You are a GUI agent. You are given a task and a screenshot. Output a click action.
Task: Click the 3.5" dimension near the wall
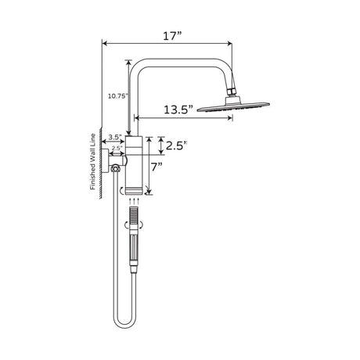point(114,138)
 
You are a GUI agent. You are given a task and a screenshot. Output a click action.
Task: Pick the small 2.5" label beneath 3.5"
point(117,147)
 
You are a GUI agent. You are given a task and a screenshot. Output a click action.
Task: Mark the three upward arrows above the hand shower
point(134,200)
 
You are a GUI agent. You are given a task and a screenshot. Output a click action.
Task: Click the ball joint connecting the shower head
point(232,95)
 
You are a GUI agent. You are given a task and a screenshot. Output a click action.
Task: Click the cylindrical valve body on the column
point(134,164)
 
